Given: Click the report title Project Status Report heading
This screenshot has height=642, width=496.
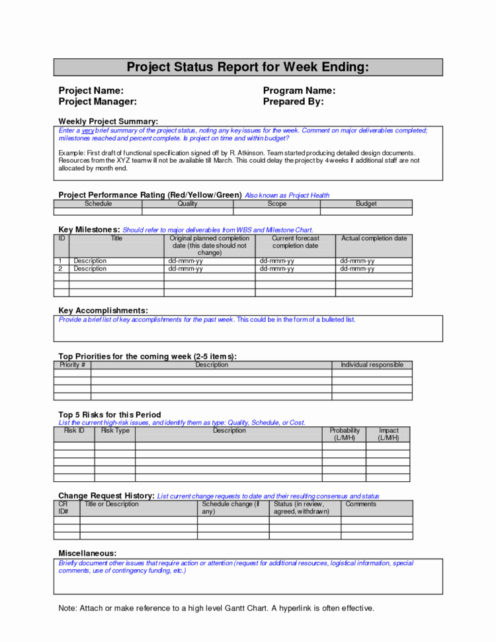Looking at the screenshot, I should coord(247,67).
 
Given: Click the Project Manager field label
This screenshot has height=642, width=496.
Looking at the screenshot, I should coord(97,101).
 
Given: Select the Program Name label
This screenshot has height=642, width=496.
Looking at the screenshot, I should coord(299,91).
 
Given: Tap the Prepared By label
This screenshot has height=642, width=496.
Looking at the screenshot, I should coord(293,101).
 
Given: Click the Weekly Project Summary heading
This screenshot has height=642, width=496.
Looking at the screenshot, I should coord(108,121).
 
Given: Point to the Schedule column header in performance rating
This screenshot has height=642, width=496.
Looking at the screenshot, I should coord(98,204).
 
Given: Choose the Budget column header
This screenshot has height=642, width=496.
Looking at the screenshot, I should coord(366,204).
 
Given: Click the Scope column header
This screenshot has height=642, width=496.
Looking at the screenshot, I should coord(276,204).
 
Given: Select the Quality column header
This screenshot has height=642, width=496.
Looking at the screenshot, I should coord(187,204).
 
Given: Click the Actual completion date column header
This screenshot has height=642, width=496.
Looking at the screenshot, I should coord(374,238).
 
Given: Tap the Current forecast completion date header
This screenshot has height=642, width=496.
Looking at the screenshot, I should coord(295,242).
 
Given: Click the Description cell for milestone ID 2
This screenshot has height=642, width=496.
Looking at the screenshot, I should coord(90,269).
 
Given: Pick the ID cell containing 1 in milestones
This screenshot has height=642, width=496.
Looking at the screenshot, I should coord(61,261).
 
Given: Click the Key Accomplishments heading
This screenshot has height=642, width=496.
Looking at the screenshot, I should coord(103,310).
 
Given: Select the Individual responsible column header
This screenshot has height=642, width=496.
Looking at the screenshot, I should coord(372,365).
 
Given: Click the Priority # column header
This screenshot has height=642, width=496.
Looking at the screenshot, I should coord(72,365).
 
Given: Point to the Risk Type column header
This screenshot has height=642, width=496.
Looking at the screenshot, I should coord(115,430).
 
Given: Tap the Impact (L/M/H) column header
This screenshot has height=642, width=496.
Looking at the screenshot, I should coord(388,434).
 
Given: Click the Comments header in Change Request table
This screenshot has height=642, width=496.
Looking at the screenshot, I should coord(360,504).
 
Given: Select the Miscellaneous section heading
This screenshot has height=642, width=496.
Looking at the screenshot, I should coord(87,553).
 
